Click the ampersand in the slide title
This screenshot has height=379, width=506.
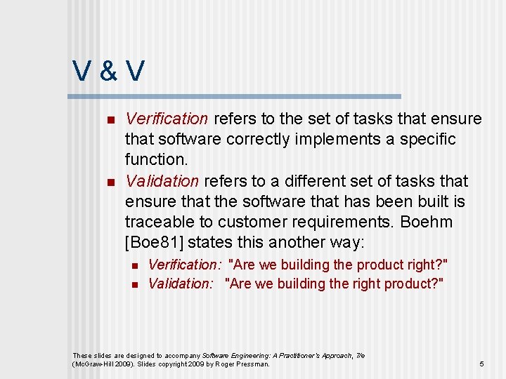pos(109,70)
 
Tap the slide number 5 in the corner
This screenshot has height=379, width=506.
pos(481,364)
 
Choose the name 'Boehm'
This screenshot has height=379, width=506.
pos(426,222)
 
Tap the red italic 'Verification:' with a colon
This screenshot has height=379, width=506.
pos(185,265)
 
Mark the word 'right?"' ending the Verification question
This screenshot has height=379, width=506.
pos(425,265)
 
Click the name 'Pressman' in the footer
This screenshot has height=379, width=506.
pos(254,364)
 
